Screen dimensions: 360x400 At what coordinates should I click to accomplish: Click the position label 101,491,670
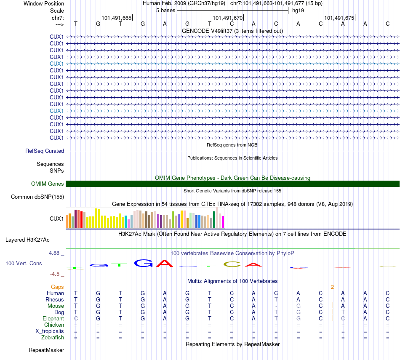point(228,18)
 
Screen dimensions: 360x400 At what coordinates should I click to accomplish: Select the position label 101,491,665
point(116,18)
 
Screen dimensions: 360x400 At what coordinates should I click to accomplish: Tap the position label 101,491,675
point(339,18)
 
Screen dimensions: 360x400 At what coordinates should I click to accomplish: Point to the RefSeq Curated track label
point(45,151)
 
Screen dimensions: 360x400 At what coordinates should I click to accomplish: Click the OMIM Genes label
point(48,184)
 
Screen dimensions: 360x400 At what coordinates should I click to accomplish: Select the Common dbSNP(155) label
point(37,197)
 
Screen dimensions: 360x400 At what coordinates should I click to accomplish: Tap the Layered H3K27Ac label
point(27,240)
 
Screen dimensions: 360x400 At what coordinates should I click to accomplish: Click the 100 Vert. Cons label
point(24,263)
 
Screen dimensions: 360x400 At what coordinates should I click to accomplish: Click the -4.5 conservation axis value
point(56,274)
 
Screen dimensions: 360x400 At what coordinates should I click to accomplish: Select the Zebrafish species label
point(53,337)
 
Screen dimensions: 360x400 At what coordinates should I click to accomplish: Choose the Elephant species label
point(53,318)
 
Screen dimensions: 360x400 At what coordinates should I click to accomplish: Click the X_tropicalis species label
point(50,331)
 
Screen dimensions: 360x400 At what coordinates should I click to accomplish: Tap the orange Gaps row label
point(57,287)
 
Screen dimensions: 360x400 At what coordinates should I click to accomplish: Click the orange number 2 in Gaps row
point(332,287)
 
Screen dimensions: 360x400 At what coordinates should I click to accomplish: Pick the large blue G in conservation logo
point(143,264)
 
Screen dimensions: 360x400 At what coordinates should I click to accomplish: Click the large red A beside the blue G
point(165,264)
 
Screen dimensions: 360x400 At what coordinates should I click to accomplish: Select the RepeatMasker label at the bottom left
point(46,350)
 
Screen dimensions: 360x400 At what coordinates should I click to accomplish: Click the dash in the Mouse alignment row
point(276,306)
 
